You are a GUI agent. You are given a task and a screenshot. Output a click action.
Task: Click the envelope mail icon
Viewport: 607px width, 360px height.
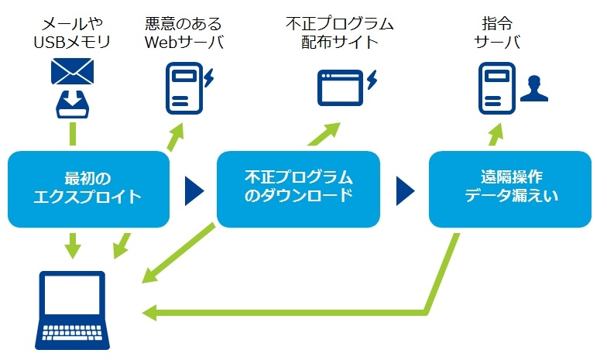coord(73,71)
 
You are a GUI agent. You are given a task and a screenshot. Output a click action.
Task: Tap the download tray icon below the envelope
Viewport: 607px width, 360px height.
coord(73,104)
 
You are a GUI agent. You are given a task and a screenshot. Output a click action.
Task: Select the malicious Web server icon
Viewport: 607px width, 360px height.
coord(184,88)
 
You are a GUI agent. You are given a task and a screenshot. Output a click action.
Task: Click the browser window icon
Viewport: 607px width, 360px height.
coord(341,88)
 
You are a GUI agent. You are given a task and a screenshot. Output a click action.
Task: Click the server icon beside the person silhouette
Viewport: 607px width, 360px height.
coord(497,88)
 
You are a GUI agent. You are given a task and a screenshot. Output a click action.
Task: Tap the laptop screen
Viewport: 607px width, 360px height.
coord(73,296)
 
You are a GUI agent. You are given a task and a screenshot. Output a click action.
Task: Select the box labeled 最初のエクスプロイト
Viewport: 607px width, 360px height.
coord(88,189)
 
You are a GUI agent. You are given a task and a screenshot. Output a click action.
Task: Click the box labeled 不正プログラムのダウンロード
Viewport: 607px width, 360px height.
coord(298,189)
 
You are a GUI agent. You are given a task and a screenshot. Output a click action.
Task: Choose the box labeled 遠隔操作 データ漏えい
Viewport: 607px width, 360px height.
coord(510,189)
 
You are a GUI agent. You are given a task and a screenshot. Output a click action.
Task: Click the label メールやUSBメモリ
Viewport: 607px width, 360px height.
coord(73,33)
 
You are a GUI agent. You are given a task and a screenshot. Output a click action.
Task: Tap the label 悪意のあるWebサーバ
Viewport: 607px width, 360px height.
coord(184,33)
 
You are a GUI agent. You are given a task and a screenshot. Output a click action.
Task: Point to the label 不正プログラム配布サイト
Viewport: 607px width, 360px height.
coord(340,33)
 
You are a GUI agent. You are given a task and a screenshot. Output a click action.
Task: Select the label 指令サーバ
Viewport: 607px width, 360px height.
coord(497,33)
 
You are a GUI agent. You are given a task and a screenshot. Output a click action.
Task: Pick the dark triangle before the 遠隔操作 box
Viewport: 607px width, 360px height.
coord(405,190)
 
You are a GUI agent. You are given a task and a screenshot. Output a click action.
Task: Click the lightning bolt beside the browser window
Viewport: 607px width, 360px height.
coord(372,80)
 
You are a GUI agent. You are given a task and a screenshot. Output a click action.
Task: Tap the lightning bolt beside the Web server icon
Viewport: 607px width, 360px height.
coord(209,77)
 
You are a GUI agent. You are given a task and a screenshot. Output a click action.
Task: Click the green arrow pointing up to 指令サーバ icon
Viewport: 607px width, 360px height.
coord(496,134)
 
